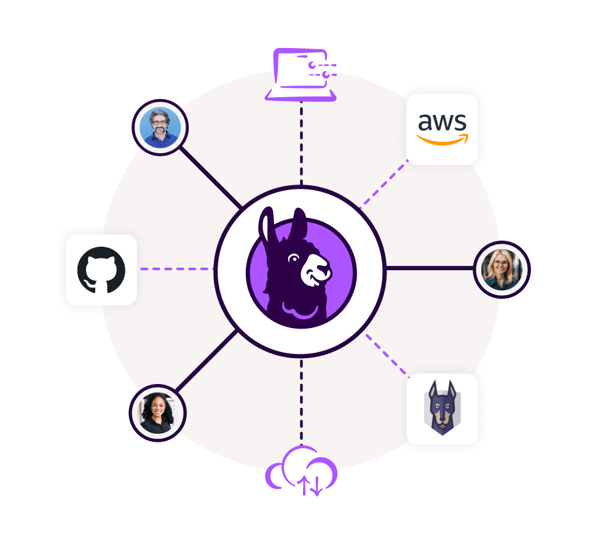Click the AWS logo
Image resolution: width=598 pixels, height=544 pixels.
pyautogui.click(x=443, y=129)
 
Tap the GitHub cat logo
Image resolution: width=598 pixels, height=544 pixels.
pyautogui.click(x=101, y=270)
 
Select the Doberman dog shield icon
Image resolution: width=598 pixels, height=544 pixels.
pyautogui.click(x=443, y=408)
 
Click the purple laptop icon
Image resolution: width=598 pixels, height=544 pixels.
pyautogui.click(x=301, y=74)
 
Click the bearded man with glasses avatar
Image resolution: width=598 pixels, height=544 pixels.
pyautogui.click(x=160, y=127)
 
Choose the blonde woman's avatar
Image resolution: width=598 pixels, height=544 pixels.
pyautogui.click(x=502, y=270)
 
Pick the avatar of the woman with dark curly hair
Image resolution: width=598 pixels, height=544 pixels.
pyautogui.click(x=157, y=413)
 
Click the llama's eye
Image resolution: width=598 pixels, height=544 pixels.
pyautogui.click(x=294, y=258)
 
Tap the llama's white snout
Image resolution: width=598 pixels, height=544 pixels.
pyautogui.click(x=315, y=270)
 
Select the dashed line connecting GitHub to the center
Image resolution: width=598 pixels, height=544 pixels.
pyautogui.click(x=176, y=269)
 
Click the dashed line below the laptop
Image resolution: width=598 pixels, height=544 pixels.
pyautogui.click(x=301, y=143)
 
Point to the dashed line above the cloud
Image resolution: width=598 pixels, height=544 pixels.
pyautogui.click(x=301, y=402)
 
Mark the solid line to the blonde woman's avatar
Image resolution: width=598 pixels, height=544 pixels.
pyautogui.click(x=430, y=268)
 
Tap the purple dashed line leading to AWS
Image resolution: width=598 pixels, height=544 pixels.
pyautogui.click(x=384, y=184)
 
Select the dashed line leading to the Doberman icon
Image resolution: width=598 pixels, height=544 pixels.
pyautogui.click(x=388, y=355)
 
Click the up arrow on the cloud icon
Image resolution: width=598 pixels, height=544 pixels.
pyautogui.click(x=304, y=485)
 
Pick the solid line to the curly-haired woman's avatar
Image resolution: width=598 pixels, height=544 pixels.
pyautogui.click(x=207, y=361)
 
